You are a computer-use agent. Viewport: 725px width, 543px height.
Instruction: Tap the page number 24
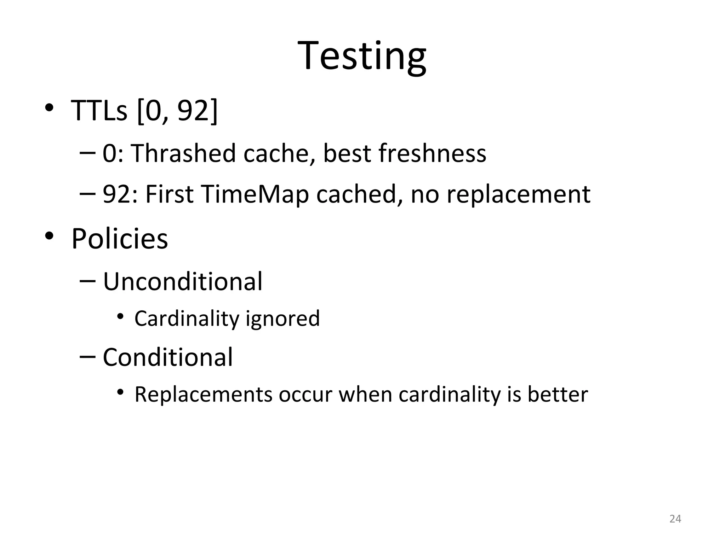pos(675,519)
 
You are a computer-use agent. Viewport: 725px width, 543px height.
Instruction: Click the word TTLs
pos(99,111)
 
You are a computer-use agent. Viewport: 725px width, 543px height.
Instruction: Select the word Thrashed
pos(183,154)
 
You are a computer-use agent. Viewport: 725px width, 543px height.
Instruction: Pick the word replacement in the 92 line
pos(518,194)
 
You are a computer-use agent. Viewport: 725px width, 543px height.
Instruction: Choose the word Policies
pos(120,239)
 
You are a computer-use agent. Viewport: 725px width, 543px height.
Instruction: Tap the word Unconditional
pos(183,282)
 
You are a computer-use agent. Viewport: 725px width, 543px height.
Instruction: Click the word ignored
pos(282,319)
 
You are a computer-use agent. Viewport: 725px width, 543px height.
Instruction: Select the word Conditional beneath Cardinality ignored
pos(168,357)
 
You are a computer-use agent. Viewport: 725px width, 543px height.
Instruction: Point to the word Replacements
pos(203,395)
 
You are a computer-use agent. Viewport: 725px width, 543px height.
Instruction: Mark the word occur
pos(305,395)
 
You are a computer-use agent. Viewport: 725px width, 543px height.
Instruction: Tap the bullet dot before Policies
pos(49,235)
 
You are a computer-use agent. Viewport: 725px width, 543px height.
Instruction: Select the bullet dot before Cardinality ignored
pos(120,316)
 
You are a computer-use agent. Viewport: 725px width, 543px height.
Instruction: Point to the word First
pos(169,194)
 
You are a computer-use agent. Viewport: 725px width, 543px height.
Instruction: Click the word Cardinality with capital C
pos(187,319)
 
